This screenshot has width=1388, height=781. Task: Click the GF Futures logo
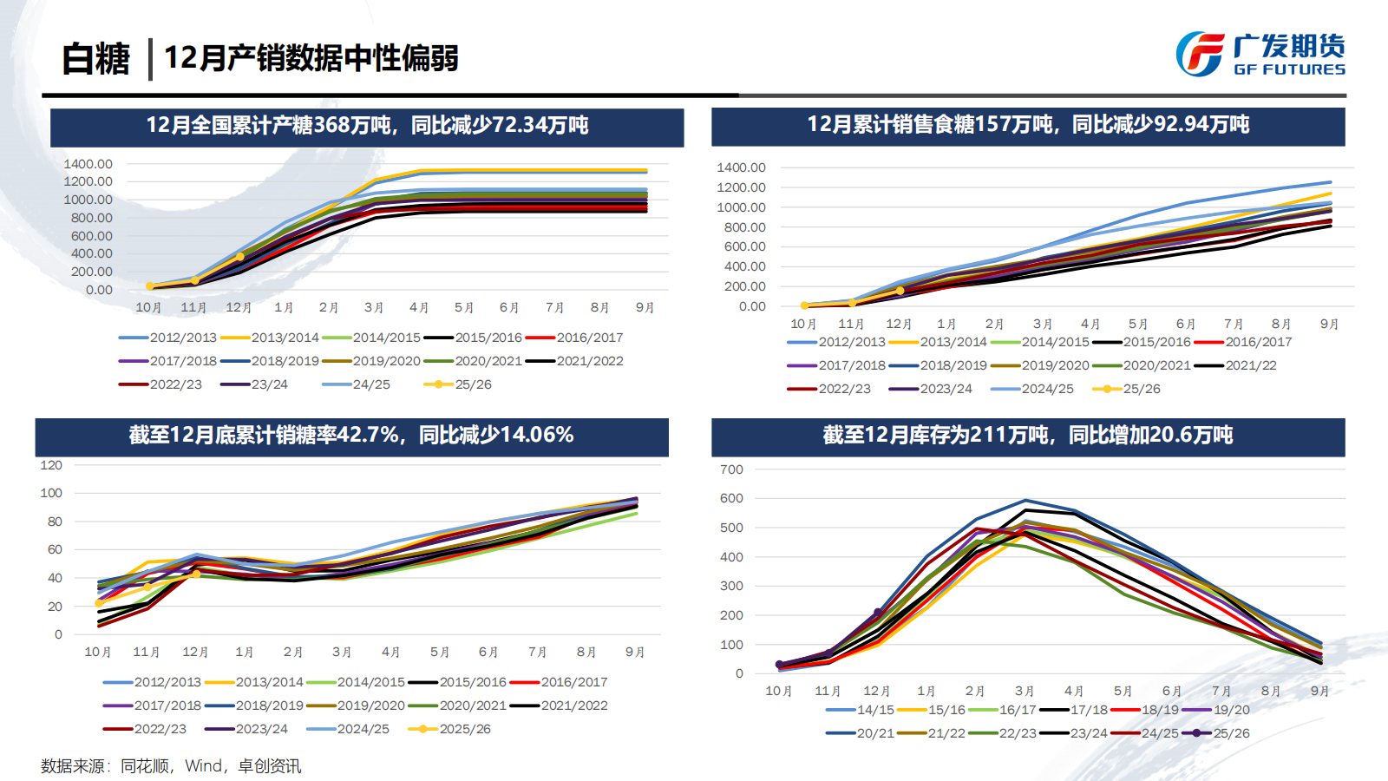click(1260, 54)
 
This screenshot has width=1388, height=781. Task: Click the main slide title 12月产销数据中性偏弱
click(311, 58)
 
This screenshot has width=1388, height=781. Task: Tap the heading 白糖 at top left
click(95, 59)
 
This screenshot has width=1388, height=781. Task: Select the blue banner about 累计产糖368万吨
click(367, 126)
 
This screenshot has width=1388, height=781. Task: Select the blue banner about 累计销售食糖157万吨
click(1028, 125)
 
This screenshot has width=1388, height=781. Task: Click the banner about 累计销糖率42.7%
click(351, 436)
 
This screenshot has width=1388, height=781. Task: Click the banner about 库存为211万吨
click(1028, 436)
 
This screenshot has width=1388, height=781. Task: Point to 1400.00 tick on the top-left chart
click(88, 164)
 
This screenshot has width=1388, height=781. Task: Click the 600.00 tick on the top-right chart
click(741, 246)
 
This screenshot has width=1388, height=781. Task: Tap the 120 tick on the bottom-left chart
click(51, 465)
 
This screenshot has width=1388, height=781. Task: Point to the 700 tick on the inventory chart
click(731, 469)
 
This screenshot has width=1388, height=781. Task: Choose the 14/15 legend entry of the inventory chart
click(874, 710)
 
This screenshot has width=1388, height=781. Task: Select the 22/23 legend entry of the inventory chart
click(1017, 733)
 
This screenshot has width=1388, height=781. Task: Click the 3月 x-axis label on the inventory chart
click(1025, 692)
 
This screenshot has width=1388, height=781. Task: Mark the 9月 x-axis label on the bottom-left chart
click(635, 653)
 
